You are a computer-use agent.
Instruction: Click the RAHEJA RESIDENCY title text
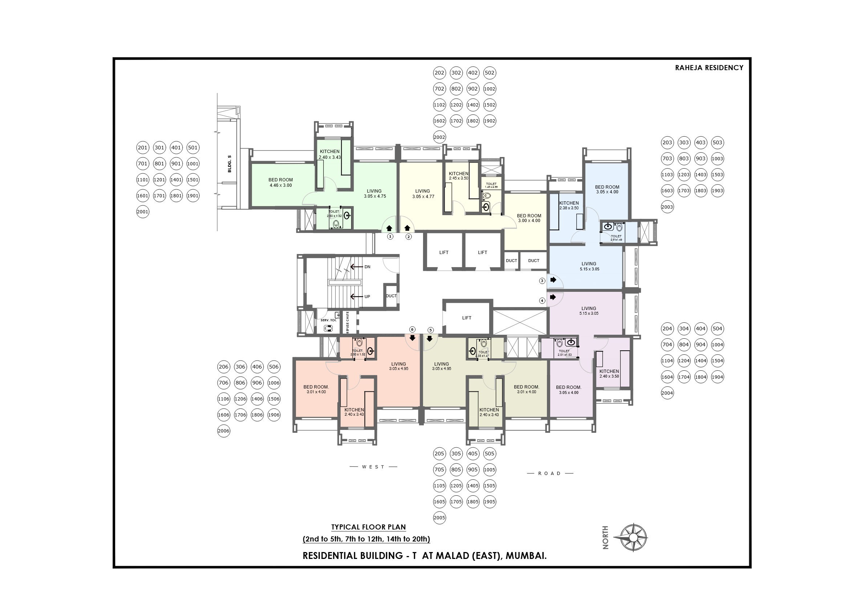tap(708, 68)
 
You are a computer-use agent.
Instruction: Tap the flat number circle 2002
tap(439, 137)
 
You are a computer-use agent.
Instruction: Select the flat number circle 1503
tap(717, 174)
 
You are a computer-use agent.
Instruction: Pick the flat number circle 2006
tap(223, 431)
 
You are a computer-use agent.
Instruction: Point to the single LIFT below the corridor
tap(466, 318)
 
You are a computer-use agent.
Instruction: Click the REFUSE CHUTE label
tap(348, 322)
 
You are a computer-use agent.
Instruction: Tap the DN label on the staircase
tap(367, 267)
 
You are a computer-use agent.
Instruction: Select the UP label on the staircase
tap(367, 297)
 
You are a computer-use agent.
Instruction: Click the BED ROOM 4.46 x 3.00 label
tap(280, 182)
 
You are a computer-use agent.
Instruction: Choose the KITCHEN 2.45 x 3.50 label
tap(459, 176)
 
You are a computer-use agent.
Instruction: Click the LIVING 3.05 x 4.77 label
tap(423, 194)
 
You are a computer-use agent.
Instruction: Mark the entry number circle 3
tap(542, 281)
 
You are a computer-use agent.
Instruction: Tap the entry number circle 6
tap(412, 329)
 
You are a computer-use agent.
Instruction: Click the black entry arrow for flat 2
tap(407, 228)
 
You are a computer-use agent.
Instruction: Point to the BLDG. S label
tap(230, 164)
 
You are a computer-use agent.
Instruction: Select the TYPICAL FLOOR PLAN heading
tap(368, 527)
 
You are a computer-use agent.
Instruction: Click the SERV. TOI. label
tap(328, 320)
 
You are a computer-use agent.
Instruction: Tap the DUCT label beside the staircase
tap(391, 296)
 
